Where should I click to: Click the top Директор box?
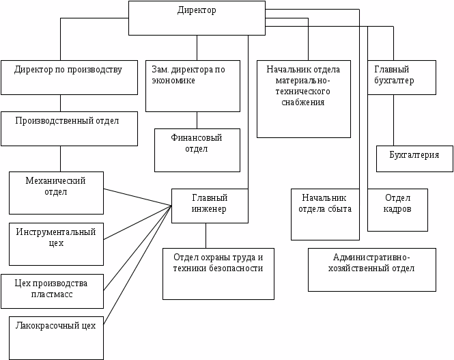197,18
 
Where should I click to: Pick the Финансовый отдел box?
197,150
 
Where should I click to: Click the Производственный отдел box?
69,128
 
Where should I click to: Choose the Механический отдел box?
56,192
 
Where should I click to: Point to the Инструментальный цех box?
57,243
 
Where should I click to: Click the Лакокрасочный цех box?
57,337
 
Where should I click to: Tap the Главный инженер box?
209,205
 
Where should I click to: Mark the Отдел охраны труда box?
218,273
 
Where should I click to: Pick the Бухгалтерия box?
414,158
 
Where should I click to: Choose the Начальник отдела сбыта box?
325,214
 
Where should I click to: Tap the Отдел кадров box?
397,209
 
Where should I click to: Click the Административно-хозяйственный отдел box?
371,269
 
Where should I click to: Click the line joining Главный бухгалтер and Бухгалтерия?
393,120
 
